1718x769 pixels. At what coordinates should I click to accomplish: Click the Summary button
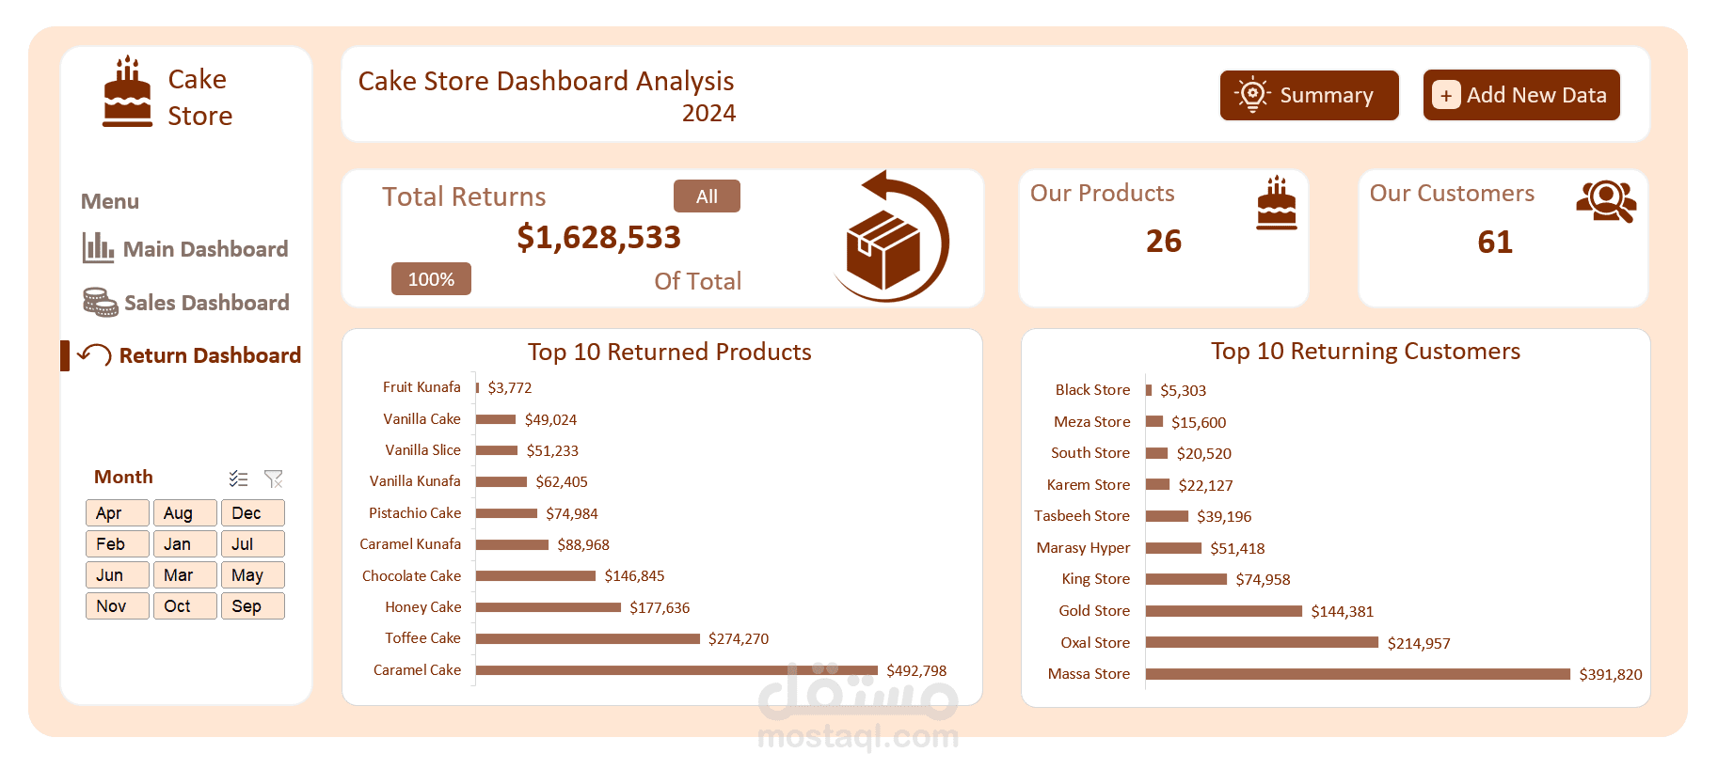coord(1309,95)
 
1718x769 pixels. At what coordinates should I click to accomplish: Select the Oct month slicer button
coord(184,606)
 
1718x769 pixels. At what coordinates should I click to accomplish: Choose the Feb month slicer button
coord(117,544)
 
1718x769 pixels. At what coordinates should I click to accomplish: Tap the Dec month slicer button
coord(252,513)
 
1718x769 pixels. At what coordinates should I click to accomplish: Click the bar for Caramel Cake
coord(676,670)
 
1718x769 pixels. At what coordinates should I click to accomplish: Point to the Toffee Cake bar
coord(587,639)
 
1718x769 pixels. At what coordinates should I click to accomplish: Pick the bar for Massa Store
coord(1357,674)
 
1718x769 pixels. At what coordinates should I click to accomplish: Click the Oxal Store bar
coord(1261,643)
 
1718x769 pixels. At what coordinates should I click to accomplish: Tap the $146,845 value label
coord(634,576)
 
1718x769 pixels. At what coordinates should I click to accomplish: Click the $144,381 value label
coord(1342,612)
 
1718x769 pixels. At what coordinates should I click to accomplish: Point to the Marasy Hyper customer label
coord(1083,548)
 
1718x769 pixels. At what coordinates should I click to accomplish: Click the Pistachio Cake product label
coord(415,513)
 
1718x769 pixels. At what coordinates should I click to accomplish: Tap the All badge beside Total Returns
coord(707,196)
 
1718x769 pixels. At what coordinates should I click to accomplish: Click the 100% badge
coord(431,279)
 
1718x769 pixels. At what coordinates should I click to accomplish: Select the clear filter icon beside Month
coord(274,479)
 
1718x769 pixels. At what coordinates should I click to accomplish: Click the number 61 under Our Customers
coord(1494,243)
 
